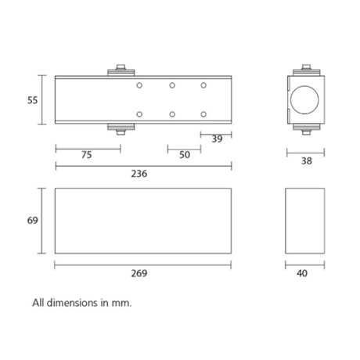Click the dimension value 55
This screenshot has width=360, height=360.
(33, 100)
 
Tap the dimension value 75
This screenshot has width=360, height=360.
(87, 155)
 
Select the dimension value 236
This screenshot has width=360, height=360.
(139, 174)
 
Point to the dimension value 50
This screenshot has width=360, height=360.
(185, 155)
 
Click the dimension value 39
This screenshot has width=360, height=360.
(217, 139)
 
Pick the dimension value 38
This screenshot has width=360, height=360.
(307, 161)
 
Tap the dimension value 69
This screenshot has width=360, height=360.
(33, 221)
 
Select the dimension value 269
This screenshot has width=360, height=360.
(139, 273)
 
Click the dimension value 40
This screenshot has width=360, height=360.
(302, 273)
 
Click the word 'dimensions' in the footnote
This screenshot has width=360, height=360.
(72, 303)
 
